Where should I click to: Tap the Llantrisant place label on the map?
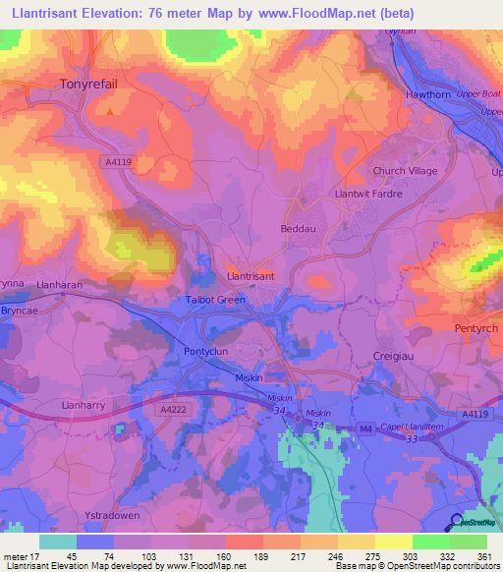click(251, 276)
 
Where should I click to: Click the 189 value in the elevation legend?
click(233, 557)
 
